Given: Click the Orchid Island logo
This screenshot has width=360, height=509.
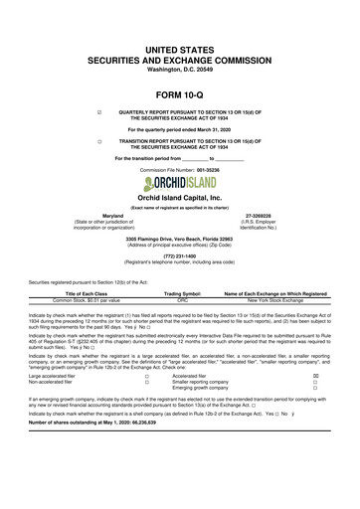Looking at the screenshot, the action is [180, 179].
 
